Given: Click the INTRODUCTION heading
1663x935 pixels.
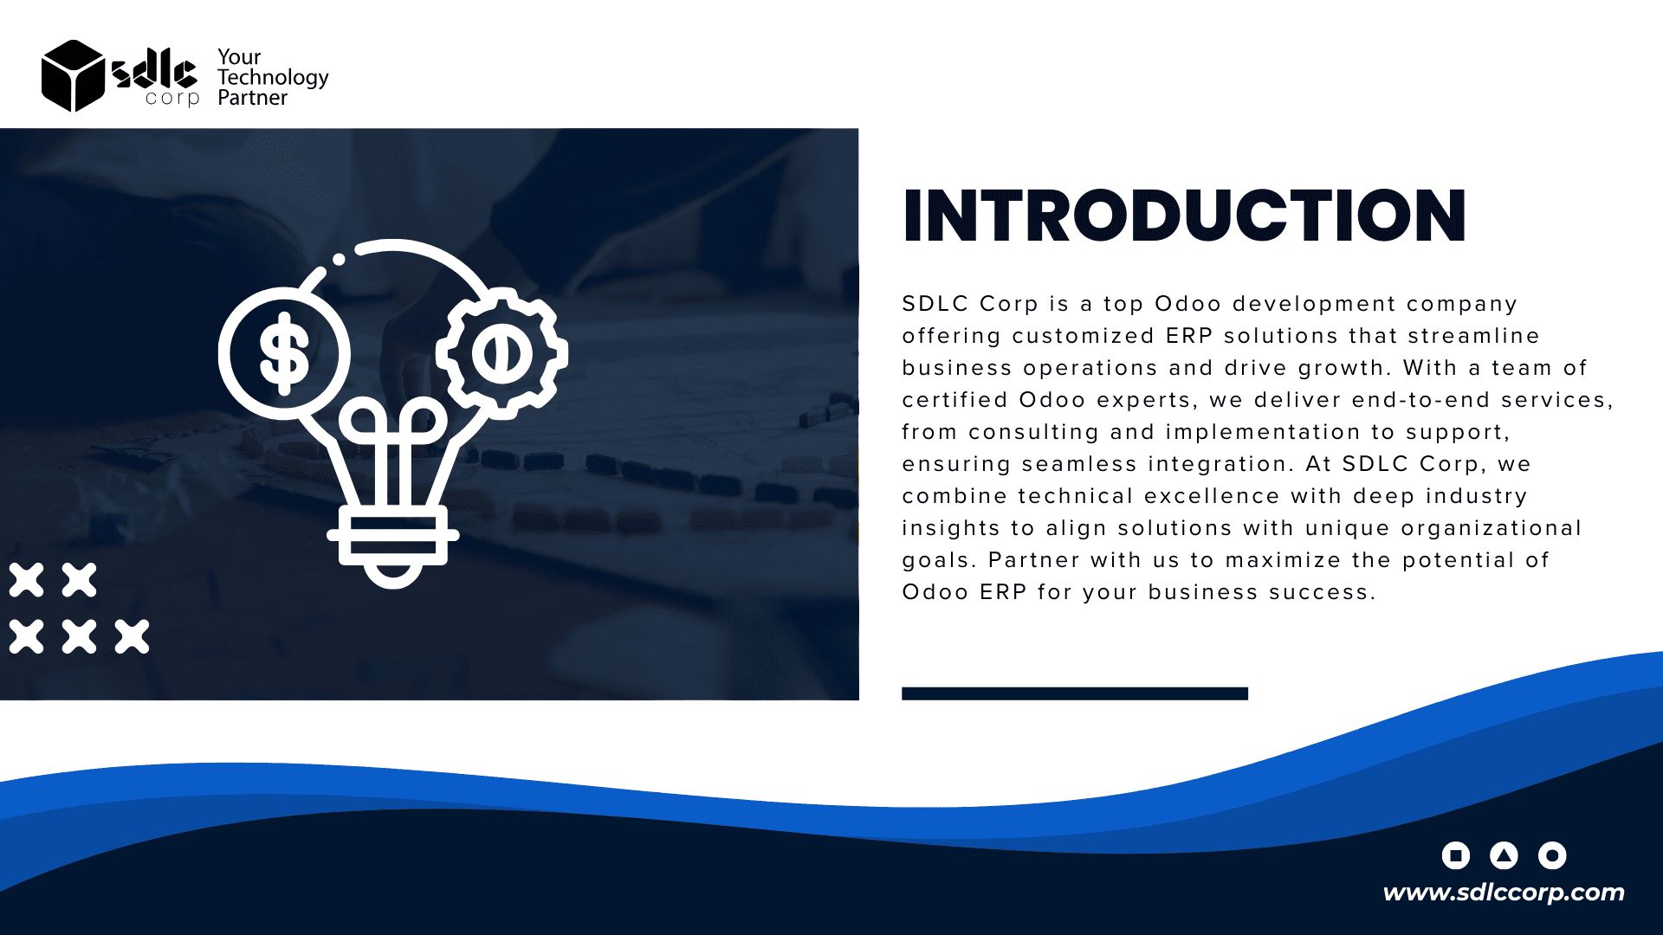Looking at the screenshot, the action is [1184, 216].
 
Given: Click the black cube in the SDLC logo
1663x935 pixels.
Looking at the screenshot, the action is [73, 76].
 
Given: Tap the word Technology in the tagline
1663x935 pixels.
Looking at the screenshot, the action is [273, 78].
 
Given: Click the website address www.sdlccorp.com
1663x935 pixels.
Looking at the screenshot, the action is [1504, 893].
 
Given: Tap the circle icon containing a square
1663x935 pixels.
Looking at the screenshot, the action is [1456, 855].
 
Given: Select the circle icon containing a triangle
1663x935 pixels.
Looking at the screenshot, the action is [1504, 855].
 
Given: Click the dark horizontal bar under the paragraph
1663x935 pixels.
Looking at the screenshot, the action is [1075, 693].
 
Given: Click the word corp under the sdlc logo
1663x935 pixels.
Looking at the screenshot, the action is [172, 99].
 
